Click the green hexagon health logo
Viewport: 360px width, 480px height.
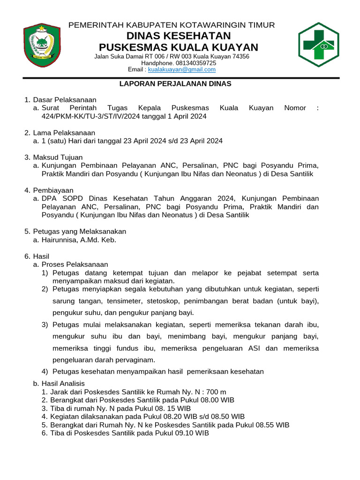318,45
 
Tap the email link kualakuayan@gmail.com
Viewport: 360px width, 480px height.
182,69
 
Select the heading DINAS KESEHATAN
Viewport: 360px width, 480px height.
178,36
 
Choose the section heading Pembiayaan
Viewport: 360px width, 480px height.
53,190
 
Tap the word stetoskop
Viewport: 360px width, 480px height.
163,300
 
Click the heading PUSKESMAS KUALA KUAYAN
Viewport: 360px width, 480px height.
178,47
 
